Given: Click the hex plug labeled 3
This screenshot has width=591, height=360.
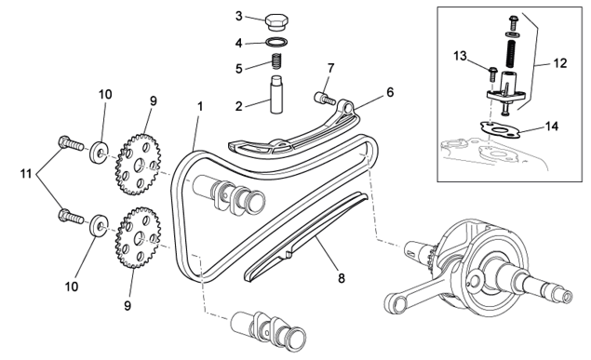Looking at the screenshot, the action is click(276, 22).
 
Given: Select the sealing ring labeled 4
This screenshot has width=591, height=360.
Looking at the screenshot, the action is click(277, 42).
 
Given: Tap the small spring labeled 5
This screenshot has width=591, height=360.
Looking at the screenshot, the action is click(277, 61).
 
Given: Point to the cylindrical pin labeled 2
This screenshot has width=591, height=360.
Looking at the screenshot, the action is click(276, 94).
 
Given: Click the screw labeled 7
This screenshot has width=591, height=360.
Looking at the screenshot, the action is click(325, 99).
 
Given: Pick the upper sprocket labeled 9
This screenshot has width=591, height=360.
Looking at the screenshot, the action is click(138, 165).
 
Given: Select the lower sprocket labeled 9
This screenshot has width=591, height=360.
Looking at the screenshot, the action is click(138, 237).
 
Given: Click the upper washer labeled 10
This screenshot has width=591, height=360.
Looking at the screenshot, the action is click(100, 153).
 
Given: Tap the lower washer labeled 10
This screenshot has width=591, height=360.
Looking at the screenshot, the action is click(100, 225).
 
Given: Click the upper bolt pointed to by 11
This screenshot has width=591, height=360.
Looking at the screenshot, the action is click(71, 143).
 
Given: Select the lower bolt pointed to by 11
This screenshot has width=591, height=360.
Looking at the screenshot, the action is click(71, 216).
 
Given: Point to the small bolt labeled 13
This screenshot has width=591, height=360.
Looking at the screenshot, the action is click(492, 73).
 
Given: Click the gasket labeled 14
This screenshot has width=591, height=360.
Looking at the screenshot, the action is click(500, 129).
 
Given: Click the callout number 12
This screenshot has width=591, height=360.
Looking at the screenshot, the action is click(560, 63).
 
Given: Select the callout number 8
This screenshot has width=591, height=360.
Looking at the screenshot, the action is click(342, 278).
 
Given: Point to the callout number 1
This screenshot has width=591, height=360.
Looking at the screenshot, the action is click(200, 107).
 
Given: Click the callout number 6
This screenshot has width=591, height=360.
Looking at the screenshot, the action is click(390, 92).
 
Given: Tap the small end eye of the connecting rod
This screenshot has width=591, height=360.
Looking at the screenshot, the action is click(396, 303).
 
